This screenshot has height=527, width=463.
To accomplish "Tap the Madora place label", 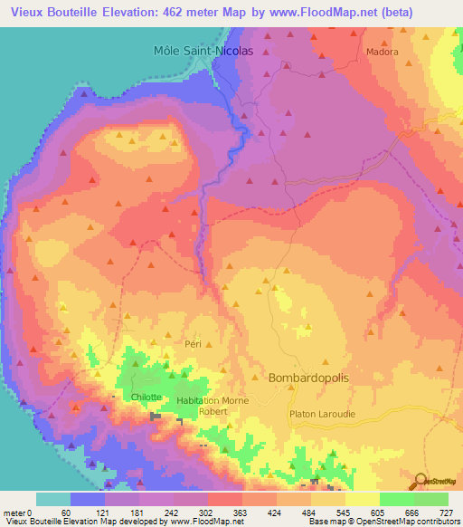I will coord(382,53).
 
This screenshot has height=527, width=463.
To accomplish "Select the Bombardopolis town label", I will coord(308,378).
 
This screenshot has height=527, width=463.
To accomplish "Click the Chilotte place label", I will coord(146,398).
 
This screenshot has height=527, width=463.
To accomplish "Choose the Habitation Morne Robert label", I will coord(206,405).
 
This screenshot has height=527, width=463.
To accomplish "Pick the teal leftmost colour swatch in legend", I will coord(52,499).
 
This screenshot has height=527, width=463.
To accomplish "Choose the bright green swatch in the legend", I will coord(396,499).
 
